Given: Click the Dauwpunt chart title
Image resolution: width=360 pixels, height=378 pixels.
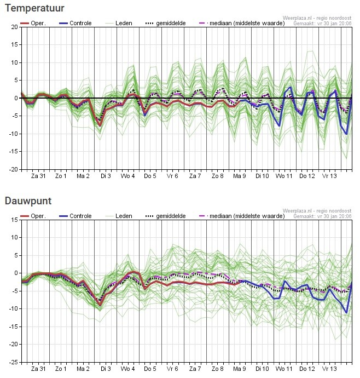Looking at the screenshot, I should (x=28, y=201).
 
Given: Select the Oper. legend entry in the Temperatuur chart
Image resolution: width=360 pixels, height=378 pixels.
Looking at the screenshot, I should (x=38, y=24).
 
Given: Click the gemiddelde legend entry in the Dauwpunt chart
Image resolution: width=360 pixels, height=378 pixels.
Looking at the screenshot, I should (x=171, y=216).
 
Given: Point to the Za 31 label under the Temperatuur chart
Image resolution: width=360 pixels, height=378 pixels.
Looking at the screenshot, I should (x=38, y=176).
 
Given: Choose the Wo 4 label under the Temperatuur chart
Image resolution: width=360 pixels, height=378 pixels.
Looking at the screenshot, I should (x=128, y=176).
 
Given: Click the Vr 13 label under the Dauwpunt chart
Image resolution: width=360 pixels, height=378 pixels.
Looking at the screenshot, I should (x=329, y=369).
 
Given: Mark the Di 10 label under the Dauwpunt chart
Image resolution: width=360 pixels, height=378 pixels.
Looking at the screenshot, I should (x=262, y=369).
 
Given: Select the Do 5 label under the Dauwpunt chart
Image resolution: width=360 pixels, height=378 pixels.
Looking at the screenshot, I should (x=150, y=369).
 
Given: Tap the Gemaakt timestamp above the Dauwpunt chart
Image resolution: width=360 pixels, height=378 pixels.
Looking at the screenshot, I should (x=323, y=216).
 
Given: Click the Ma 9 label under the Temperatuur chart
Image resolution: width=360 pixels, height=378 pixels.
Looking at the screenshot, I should (x=240, y=176).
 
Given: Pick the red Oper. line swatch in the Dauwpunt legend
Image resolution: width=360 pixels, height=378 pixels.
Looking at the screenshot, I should (x=25, y=216).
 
